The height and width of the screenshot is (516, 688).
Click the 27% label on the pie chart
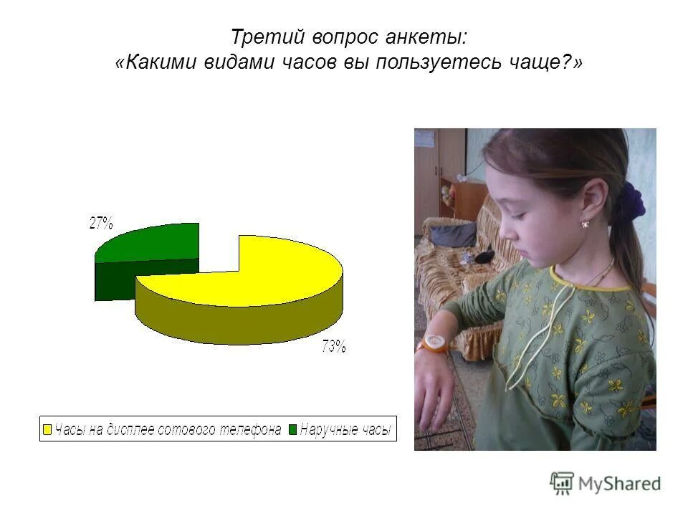[x=101, y=223]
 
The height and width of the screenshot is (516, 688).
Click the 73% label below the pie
[x=334, y=348]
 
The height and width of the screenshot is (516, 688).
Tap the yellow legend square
[x=48, y=430]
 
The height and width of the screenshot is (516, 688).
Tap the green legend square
[x=292, y=430]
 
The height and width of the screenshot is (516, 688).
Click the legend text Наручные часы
[x=345, y=430]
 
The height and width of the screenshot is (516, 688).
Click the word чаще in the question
[x=540, y=63]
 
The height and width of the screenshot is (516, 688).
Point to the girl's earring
[x=586, y=223]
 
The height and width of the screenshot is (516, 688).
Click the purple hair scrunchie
[x=631, y=201]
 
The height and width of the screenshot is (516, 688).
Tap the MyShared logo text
[x=619, y=484]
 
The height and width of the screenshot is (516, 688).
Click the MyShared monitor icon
[x=563, y=483]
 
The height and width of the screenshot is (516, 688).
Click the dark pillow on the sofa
[x=452, y=234]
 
